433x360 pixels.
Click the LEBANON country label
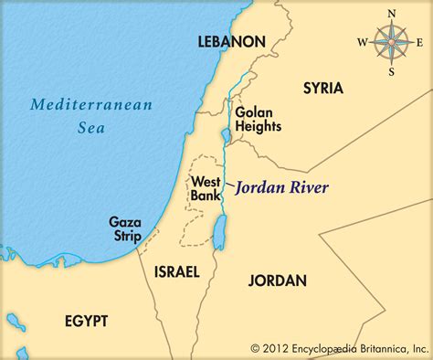coord(232,42)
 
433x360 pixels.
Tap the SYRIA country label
coord(322,89)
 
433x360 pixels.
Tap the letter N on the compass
coord(392,13)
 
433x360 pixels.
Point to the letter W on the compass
coord(362,41)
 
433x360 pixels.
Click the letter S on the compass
coord(392,70)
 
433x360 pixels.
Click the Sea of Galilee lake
coord(226,137)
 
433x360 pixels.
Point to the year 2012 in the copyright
coord(276,347)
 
